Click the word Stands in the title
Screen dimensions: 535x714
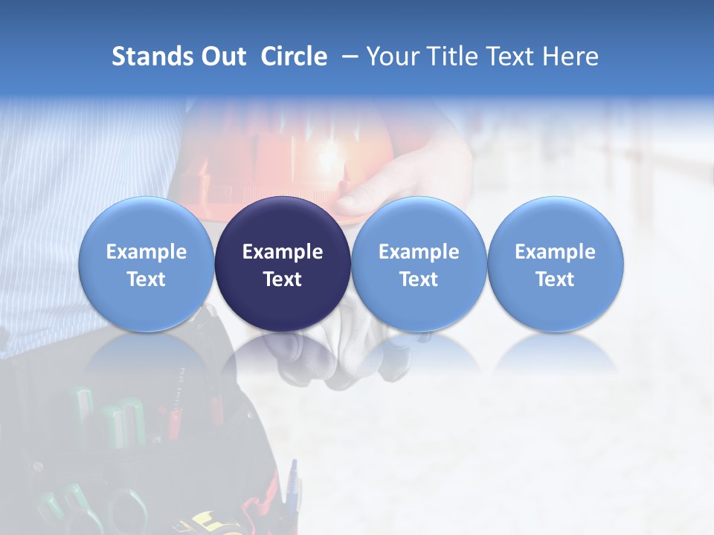tap(153, 56)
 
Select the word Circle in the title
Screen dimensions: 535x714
tap(294, 56)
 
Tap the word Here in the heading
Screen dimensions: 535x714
tap(570, 56)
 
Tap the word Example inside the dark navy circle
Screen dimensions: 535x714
tap(283, 252)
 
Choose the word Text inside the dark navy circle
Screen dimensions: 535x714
tap(283, 279)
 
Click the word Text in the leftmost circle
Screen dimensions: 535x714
tap(147, 279)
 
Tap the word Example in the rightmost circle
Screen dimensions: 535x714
tap(555, 252)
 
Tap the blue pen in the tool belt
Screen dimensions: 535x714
tap(293, 483)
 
